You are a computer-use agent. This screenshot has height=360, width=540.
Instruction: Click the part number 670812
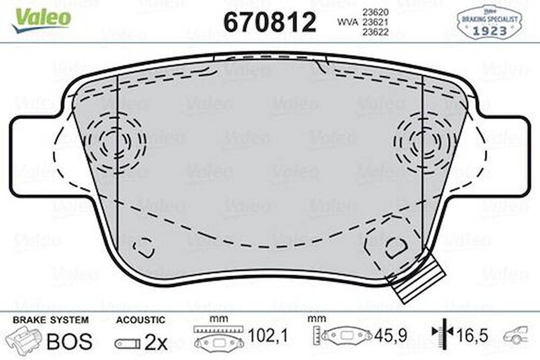(x=270, y=22)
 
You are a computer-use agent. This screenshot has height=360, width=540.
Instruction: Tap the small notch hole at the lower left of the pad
(x=143, y=247)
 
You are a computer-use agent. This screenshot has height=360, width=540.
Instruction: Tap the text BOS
(x=70, y=342)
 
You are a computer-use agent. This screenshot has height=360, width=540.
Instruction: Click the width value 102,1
(x=268, y=337)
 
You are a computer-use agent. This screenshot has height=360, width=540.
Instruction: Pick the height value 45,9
(x=390, y=337)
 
